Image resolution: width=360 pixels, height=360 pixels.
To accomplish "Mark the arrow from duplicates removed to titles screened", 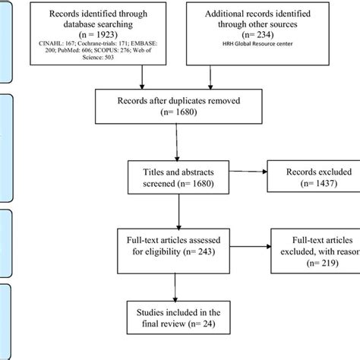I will [176, 144].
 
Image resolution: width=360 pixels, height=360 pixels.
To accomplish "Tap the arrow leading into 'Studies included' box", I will [176, 285].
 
